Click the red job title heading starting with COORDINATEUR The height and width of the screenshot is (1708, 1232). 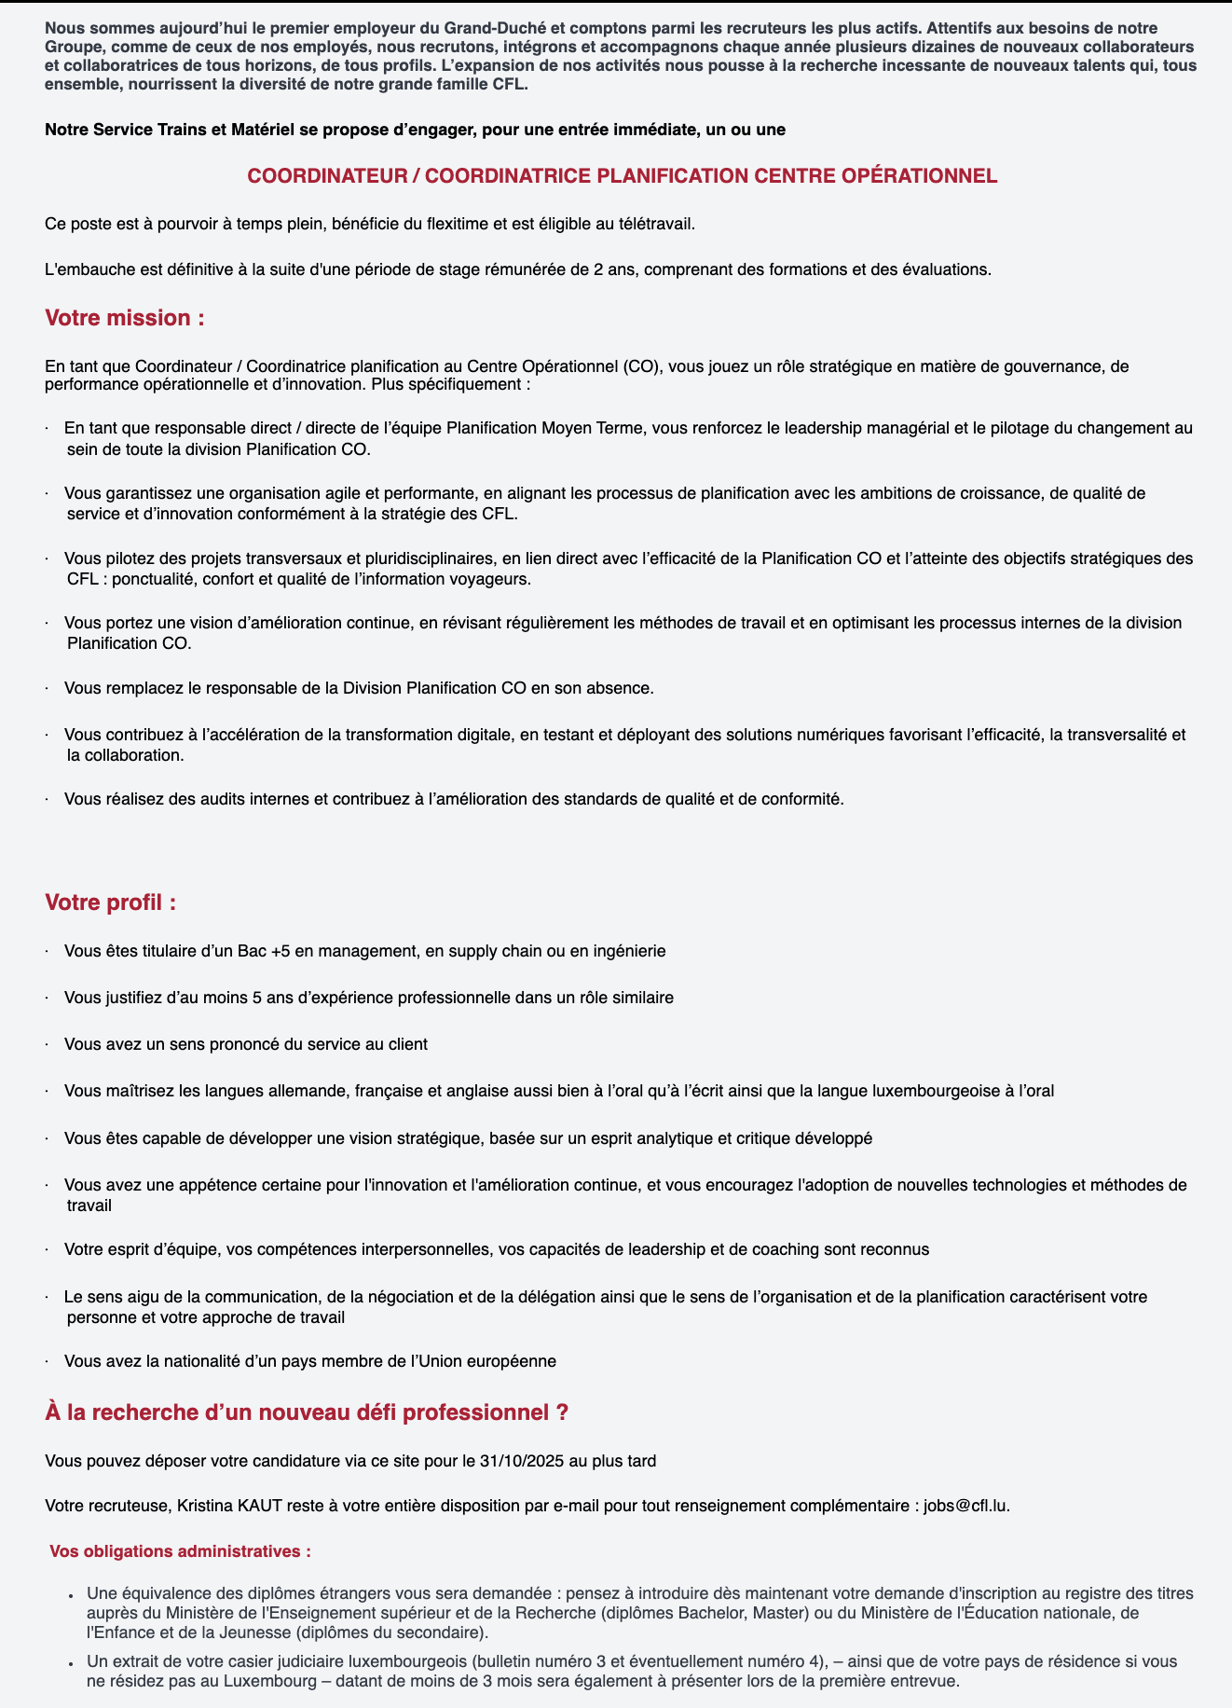[622, 176]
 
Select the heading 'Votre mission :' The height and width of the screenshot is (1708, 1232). [124, 318]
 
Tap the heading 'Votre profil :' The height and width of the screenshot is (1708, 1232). [110, 902]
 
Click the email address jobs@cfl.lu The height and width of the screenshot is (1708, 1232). [965, 1505]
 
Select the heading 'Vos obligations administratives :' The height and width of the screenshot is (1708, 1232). [179, 1551]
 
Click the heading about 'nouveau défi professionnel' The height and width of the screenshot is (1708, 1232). [307, 1412]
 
